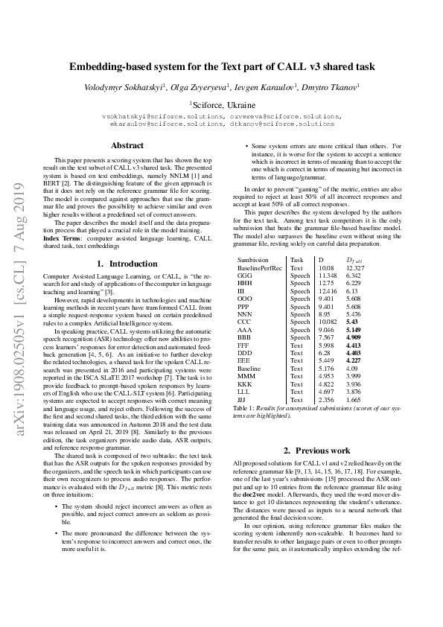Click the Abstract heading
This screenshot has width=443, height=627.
click(127, 145)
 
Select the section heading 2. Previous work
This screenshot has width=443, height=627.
click(318, 451)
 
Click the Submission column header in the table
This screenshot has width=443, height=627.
click(253, 259)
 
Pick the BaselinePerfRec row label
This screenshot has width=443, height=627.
click(260, 267)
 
